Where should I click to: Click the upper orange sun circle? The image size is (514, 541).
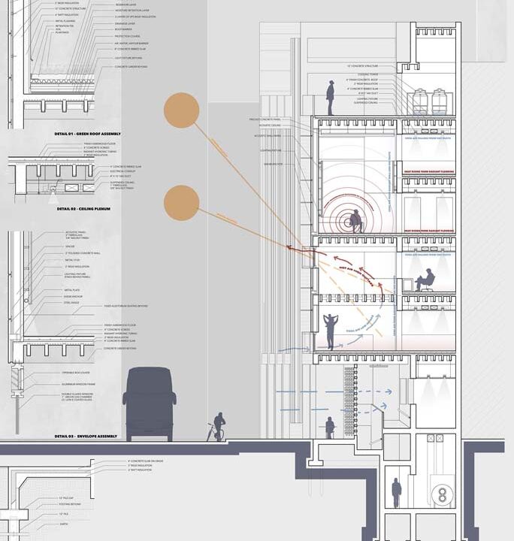(x=181, y=110)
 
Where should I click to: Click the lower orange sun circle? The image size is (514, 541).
(x=181, y=203)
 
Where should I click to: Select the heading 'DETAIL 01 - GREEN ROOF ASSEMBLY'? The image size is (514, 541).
(x=88, y=134)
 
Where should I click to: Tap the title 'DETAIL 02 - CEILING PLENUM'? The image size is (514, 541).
(x=82, y=209)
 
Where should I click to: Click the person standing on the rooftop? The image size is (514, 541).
(x=330, y=97)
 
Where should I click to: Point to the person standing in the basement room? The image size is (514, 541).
(x=396, y=493)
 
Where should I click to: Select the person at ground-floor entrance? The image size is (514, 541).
(x=329, y=427)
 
